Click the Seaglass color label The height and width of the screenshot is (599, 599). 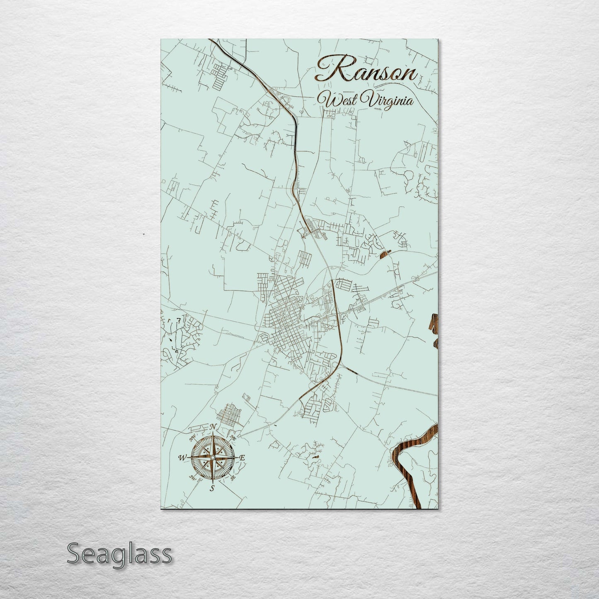119,554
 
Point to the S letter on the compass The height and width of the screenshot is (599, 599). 212,488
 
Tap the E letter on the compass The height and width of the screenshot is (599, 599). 243,458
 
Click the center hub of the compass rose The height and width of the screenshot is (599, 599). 212,457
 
